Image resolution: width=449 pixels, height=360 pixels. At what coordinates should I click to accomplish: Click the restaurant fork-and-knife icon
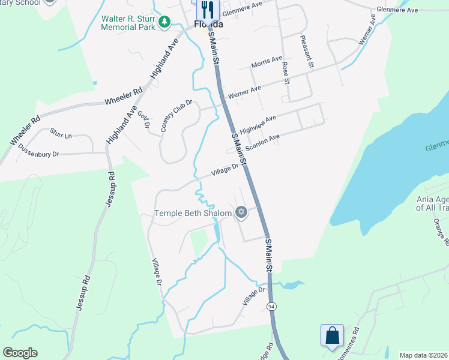point(206,9)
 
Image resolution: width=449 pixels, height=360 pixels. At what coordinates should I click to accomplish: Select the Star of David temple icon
point(241,212)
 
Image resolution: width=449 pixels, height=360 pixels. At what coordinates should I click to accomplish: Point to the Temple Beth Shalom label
point(193,213)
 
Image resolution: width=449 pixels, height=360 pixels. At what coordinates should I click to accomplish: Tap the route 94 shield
point(271,307)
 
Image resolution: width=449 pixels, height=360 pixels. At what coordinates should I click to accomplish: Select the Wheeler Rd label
point(123,96)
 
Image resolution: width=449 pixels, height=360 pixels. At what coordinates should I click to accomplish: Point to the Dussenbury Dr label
point(38,151)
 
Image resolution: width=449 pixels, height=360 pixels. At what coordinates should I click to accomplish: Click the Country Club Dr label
point(176,116)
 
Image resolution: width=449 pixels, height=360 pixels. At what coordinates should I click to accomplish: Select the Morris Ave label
point(267,62)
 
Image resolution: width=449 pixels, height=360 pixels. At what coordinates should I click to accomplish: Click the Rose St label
point(286,72)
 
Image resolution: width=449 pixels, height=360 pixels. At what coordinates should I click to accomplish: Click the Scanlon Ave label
point(262,142)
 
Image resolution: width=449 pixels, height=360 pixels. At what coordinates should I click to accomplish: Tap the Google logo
point(20,353)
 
